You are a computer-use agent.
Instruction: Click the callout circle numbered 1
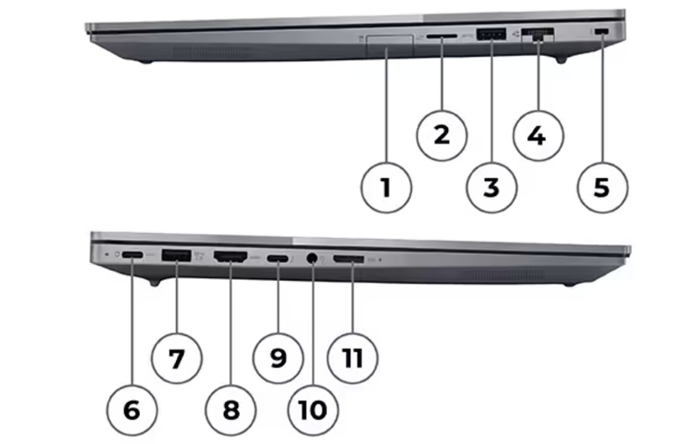coord(385,187)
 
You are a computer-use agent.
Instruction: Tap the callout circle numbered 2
coord(441,133)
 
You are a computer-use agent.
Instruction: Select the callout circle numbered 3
coord(491,187)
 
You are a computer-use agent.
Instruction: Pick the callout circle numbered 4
coord(536,133)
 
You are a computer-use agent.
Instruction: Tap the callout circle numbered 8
coord(231,409)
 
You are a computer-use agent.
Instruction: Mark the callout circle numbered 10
coord(312,409)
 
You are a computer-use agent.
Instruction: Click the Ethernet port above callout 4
coord(538,35)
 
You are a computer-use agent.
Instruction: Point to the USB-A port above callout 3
coord(492,34)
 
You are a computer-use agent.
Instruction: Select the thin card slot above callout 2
coord(441,36)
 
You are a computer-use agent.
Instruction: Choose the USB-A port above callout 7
coord(177,256)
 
